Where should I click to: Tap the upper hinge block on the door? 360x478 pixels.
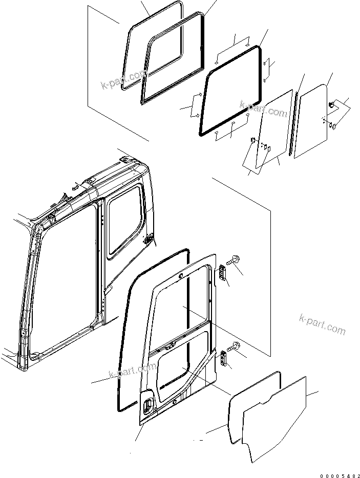click(x=223, y=273)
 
